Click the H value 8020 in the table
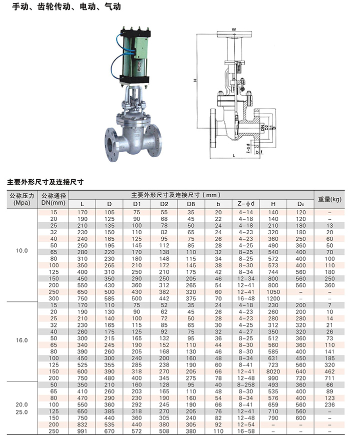273,371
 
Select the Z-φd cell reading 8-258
246,385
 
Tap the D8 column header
191,204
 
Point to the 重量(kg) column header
329,199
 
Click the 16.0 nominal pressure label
22,340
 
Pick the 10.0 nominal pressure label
22,251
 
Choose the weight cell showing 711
329,378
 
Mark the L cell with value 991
82,431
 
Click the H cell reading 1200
273,298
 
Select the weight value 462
329,371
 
